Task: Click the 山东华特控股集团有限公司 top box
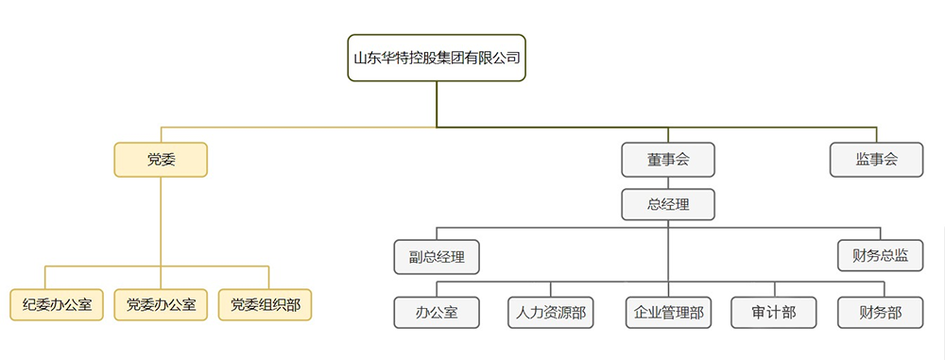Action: click(x=437, y=58)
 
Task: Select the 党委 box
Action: click(x=161, y=160)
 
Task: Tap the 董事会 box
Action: click(x=668, y=160)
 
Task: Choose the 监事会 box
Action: click(x=876, y=160)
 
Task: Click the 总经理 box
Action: click(x=668, y=204)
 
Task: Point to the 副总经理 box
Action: click(x=437, y=255)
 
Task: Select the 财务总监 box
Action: click(x=880, y=255)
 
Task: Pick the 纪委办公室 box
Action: click(x=57, y=305)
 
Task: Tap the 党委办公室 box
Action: click(x=161, y=305)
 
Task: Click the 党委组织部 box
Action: click(x=266, y=305)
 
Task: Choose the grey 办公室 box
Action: click(x=437, y=313)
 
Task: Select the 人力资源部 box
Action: click(x=551, y=313)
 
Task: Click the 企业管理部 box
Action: click(x=668, y=313)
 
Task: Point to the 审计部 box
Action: click(x=774, y=313)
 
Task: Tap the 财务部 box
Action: click(x=880, y=313)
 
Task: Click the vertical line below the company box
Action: click(x=437, y=104)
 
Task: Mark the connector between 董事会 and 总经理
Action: click(x=668, y=183)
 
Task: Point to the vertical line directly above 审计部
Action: click(x=774, y=289)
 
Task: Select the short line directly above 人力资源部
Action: click(x=551, y=289)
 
